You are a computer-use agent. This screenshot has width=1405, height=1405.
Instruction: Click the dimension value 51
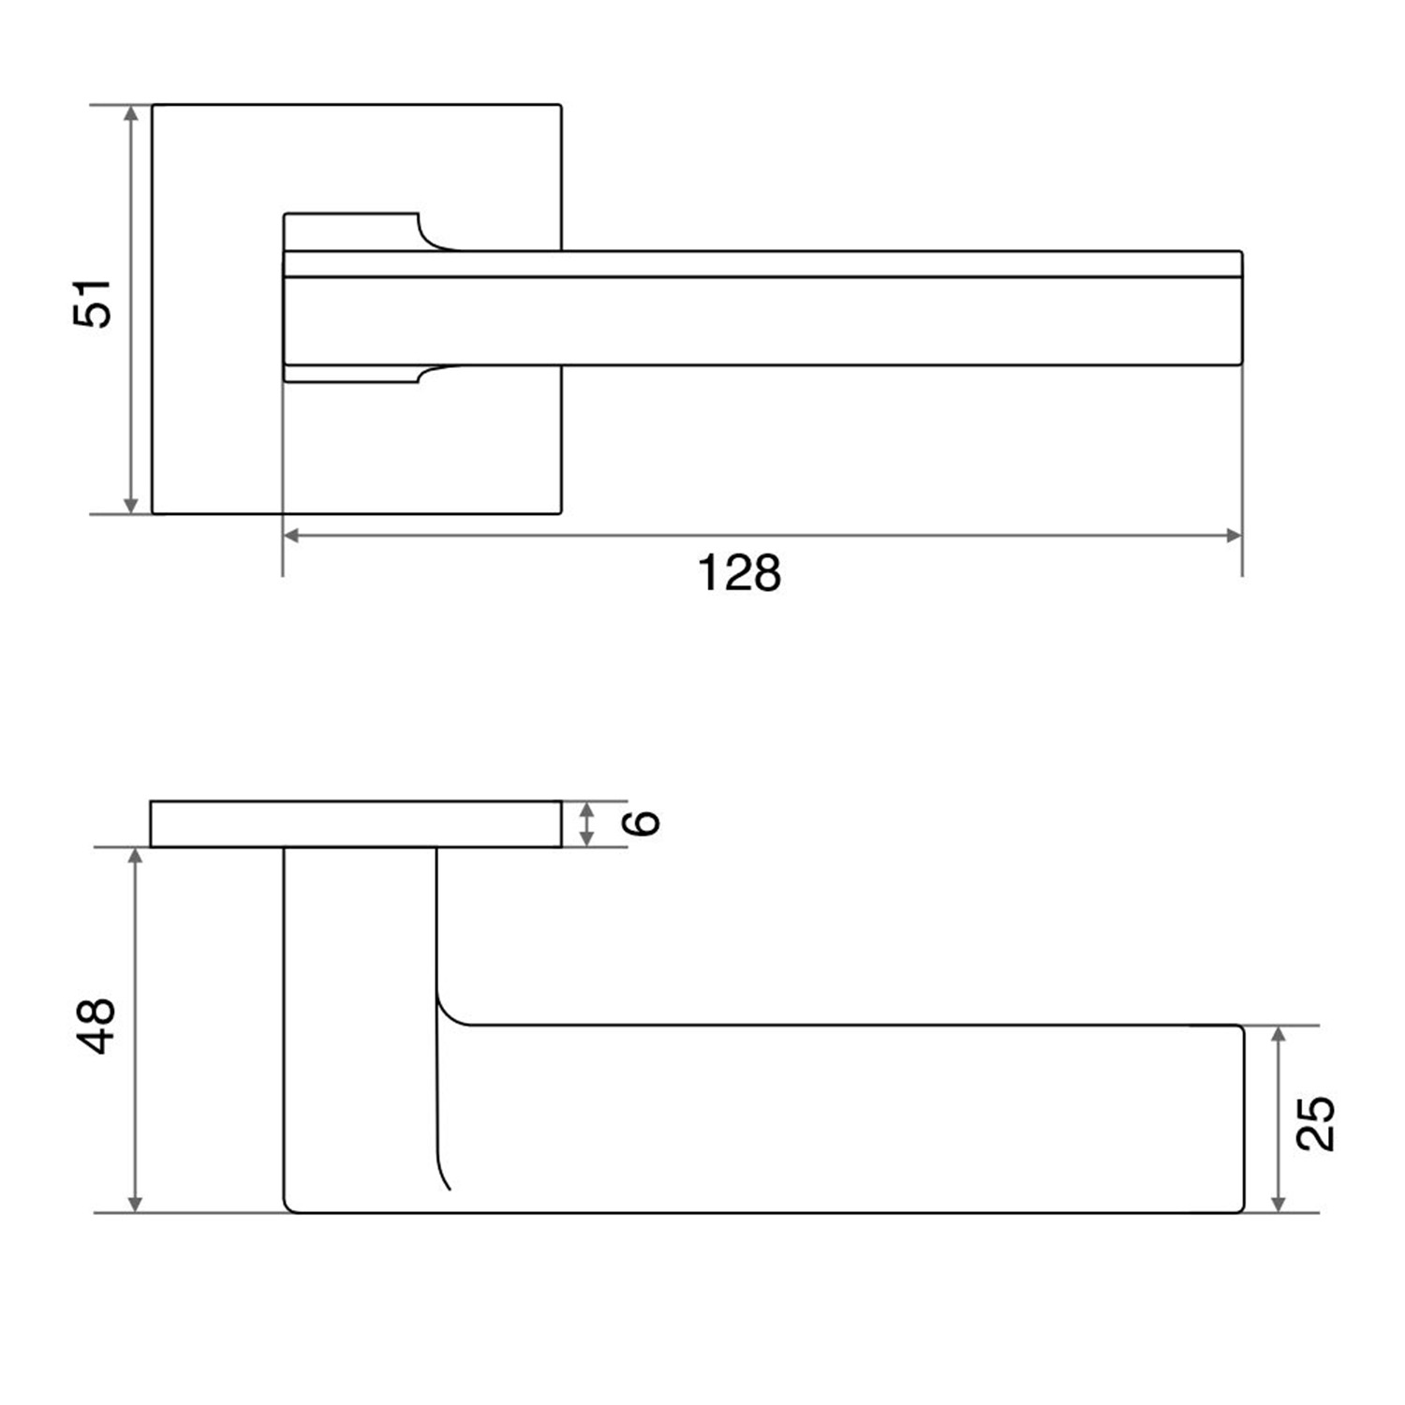93,303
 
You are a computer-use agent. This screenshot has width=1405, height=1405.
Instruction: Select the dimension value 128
739,572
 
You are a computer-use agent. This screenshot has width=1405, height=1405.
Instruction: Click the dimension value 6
643,823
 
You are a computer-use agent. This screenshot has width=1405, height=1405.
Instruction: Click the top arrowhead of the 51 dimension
131,113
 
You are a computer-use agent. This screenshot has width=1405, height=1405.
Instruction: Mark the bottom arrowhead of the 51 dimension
131,505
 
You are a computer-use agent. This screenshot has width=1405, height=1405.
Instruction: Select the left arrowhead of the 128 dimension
291,536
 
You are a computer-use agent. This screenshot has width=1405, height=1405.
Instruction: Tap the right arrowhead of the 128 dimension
1234,536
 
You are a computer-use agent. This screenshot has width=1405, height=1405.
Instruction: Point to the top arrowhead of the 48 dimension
136,857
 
